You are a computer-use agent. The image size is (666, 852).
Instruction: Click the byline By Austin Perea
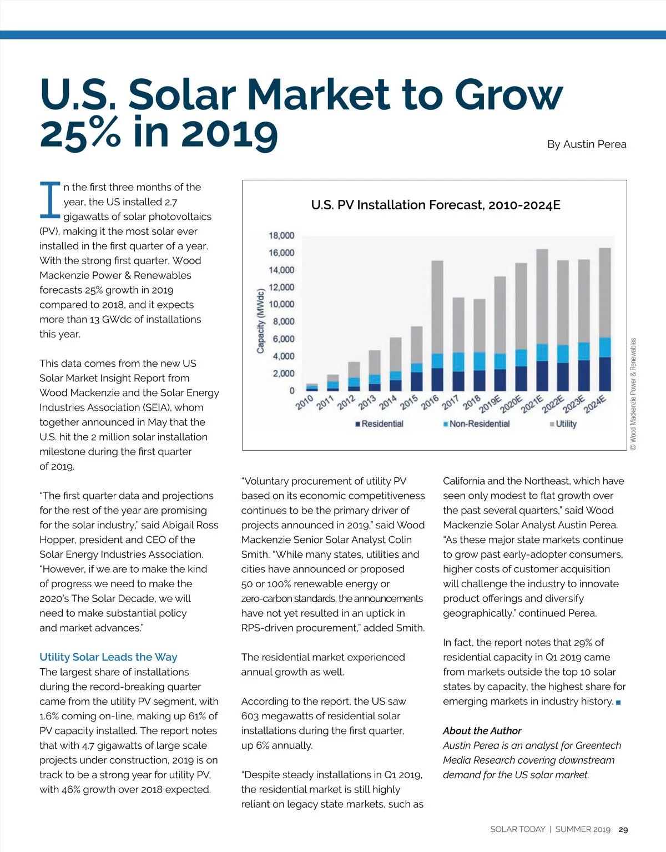[587, 144]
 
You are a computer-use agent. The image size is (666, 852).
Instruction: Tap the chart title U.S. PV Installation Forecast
[436, 205]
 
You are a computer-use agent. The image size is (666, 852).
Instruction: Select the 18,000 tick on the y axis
[281, 236]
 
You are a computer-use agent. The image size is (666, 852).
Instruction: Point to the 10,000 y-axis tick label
[281, 304]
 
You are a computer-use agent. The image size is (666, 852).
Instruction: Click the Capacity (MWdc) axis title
[260, 321]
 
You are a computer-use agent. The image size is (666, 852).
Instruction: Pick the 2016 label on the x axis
[430, 402]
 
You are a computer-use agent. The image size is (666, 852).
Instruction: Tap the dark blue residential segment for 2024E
[605, 374]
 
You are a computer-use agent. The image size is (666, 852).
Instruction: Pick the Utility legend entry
[563, 424]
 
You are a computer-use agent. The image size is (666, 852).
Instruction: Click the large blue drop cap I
[50, 199]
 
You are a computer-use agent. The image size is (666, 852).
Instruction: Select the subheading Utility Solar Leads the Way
[108, 657]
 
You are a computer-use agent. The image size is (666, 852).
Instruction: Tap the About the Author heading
[482, 731]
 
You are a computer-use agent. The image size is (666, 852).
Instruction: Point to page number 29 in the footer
[623, 830]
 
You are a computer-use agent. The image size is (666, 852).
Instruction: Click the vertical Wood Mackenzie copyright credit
[633, 394]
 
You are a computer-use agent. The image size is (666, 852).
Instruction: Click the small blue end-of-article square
[618, 703]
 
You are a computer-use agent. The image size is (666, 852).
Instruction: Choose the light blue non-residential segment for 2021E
[542, 352]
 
